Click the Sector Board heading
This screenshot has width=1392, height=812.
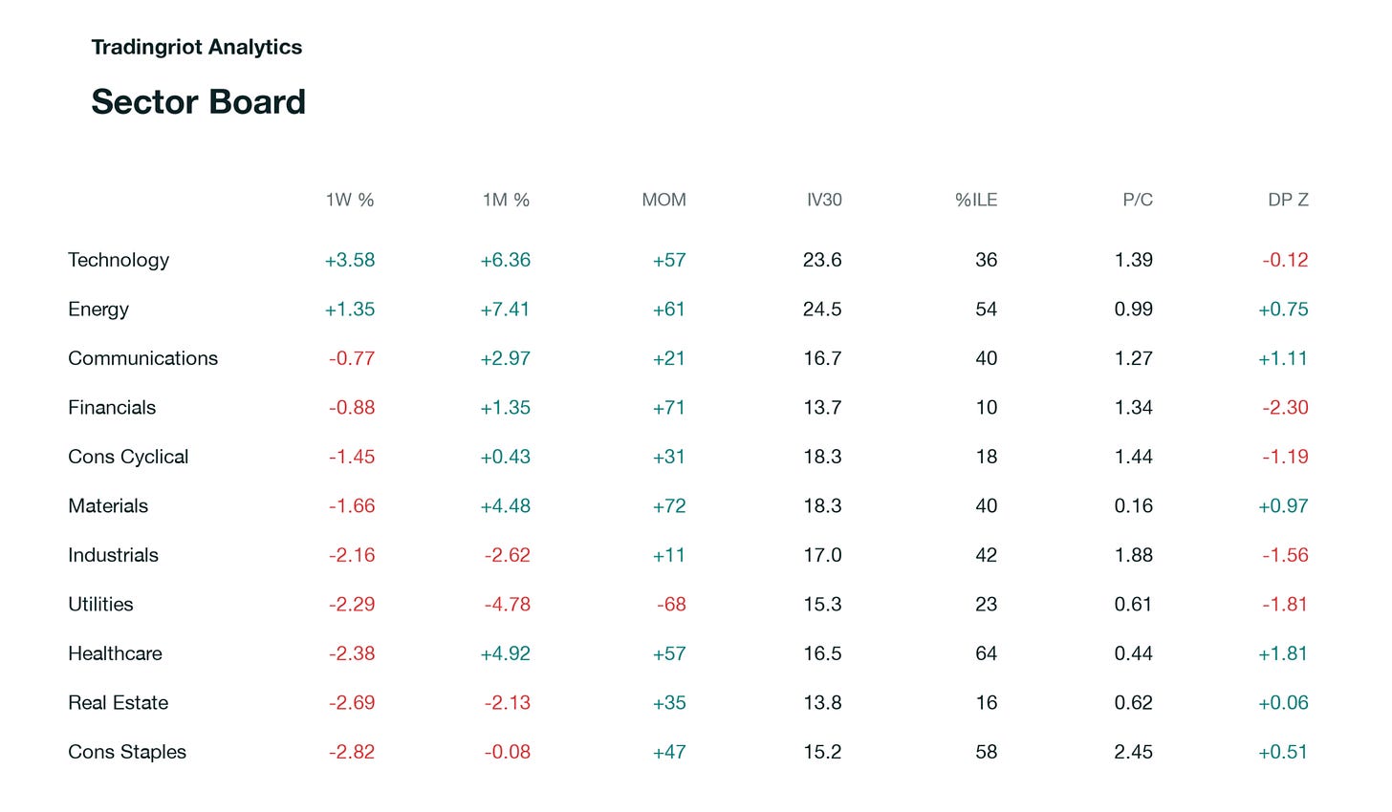coord(198,102)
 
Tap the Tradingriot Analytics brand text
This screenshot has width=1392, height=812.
coord(196,47)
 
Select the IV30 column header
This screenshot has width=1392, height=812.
coord(824,200)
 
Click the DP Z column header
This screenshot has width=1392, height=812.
coord(1288,200)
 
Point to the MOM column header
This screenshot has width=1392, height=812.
coord(663,200)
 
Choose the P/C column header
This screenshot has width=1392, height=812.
coord(1138,200)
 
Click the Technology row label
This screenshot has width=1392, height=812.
coord(119,260)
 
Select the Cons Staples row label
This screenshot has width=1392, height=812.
coord(127,752)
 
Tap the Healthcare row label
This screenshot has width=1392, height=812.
coord(115,653)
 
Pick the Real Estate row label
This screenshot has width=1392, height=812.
coord(119,703)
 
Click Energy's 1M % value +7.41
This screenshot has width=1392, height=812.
coord(505,310)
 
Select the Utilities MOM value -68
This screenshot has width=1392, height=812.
coord(671,605)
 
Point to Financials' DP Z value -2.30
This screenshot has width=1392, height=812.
coord(1285,408)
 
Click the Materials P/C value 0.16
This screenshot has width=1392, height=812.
coord(1134,506)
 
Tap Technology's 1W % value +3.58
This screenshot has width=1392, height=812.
coord(350,260)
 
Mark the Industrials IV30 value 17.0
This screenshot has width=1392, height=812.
coord(823,555)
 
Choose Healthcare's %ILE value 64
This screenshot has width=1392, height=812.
coord(987,653)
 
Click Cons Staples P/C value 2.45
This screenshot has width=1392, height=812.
coord(1134,752)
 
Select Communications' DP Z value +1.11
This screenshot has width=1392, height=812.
coord(1283,359)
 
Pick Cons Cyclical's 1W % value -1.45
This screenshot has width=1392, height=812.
coord(352,457)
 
